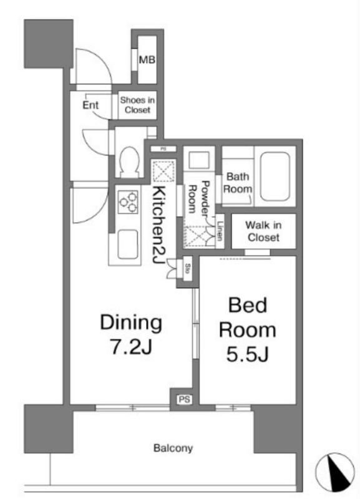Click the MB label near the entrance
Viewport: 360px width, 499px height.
(x=147, y=59)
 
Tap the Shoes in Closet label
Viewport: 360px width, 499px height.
(x=137, y=105)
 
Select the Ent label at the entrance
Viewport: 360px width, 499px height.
(x=90, y=105)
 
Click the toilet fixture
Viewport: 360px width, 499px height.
(x=130, y=162)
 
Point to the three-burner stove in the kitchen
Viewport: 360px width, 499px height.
(x=129, y=201)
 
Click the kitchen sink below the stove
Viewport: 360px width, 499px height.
(x=128, y=244)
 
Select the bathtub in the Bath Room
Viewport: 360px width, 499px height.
(x=275, y=176)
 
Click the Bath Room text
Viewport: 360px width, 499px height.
(x=238, y=182)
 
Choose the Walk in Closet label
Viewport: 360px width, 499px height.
(x=263, y=231)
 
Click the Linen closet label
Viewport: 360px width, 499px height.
(x=220, y=231)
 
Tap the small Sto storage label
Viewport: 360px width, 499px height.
(x=188, y=269)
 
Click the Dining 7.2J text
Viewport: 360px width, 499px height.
(x=131, y=334)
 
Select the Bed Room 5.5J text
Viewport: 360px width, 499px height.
(x=248, y=329)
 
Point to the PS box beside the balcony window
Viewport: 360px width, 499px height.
(x=184, y=399)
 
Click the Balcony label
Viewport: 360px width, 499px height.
(x=173, y=448)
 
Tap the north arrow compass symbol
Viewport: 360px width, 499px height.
(x=335, y=472)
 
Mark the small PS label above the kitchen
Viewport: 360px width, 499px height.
(x=163, y=148)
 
